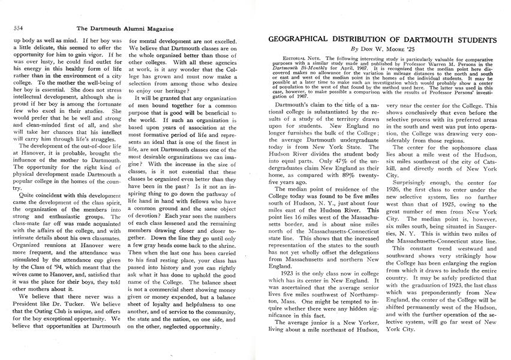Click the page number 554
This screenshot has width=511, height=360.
click(18, 28)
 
